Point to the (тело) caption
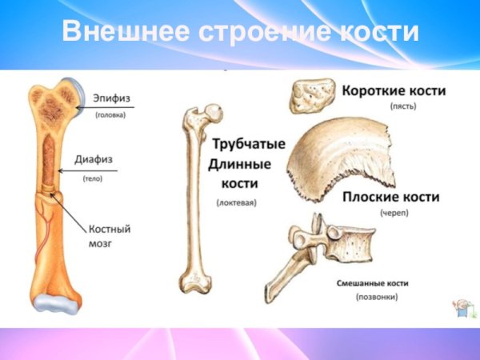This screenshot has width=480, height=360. [92, 179]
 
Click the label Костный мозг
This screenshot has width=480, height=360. [109, 236]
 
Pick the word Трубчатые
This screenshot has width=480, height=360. [249, 147]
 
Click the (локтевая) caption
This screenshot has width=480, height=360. [236, 203]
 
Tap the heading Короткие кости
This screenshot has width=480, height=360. [394, 91]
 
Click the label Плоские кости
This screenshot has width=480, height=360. [391, 197]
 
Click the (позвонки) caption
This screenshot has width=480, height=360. [377, 298]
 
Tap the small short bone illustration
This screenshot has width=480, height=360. [311, 96]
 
